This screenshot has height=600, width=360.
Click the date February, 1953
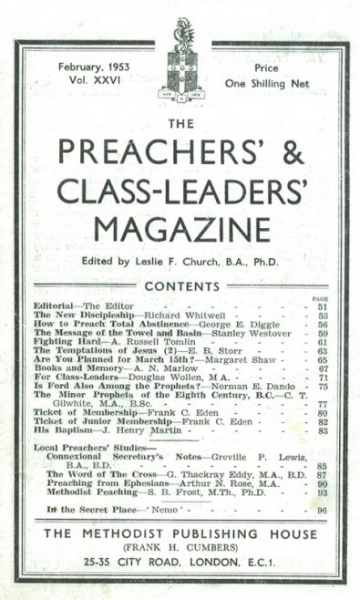click(x=92, y=67)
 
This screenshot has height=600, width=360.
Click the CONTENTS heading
click(x=180, y=285)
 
